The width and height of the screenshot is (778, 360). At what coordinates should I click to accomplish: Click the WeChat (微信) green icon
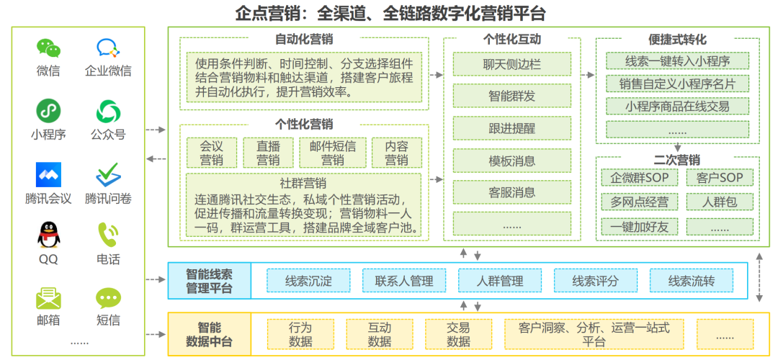pyautogui.click(x=48, y=48)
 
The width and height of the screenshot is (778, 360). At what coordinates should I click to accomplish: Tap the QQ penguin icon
pyautogui.click(x=48, y=235)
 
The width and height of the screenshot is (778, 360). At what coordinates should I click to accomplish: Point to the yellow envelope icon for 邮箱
pyautogui.click(x=48, y=297)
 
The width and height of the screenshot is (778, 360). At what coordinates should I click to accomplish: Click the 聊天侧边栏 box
pyautogui.click(x=511, y=64)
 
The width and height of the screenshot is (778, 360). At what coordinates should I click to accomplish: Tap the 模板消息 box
pyautogui.click(x=511, y=161)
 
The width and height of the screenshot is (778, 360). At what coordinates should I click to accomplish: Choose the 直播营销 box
pyautogui.click(x=268, y=152)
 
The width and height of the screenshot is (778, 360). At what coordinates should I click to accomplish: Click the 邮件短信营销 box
pyautogui.click(x=332, y=152)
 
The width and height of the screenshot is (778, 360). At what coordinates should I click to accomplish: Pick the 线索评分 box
pyautogui.click(x=595, y=281)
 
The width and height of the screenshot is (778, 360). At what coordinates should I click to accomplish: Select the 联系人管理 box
pyautogui.click(x=404, y=281)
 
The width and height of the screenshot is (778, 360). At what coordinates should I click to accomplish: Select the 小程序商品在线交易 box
pyautogui.click(x=677, y=106)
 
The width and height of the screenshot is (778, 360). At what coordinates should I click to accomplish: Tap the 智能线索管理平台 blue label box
pyautogui.click(x=210, y=281)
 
